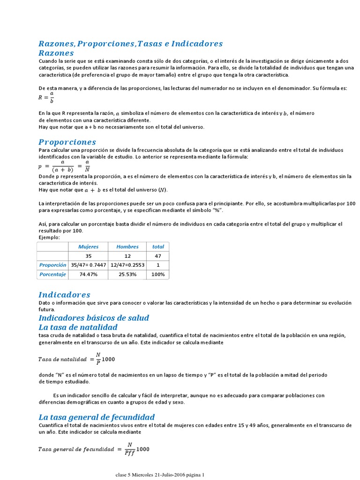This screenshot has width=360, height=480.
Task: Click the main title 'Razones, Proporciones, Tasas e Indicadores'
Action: (x=130, y=44)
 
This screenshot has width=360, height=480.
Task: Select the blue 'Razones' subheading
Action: (x=56, y=53)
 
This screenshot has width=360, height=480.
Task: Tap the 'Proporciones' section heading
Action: (x=67, y=142)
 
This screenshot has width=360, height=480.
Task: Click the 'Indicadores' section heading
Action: (x=64, y=294)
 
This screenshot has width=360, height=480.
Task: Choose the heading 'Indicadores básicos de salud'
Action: (x=94, y=318)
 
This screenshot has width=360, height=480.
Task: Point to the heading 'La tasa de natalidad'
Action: (x=78, y=327)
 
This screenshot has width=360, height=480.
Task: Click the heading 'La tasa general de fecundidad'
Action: (x=97, y=417)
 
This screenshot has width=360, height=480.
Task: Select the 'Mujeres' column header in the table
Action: (x=88, y=247)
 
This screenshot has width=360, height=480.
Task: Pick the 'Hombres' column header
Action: (x=127, y=247)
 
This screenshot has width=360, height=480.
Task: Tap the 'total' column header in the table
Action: (x=158, y=247)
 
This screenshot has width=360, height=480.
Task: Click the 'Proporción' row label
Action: (x=53, y=265)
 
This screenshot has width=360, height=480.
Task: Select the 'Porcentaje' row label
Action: (x=53, y=274)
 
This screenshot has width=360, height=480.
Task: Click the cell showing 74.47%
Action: (x=88, y=274)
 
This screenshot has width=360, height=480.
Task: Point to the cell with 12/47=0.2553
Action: (x=127, y=265)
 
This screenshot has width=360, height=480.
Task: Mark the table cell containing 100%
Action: (x=158, y=274)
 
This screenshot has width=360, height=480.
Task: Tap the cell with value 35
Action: (x=88, y=256)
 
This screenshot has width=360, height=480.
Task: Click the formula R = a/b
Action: (x=46, y=97)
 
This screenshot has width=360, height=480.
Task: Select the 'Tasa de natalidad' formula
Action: (x=76, y=359)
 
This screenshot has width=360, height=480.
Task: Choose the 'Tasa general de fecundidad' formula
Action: (x=94, y=449)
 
